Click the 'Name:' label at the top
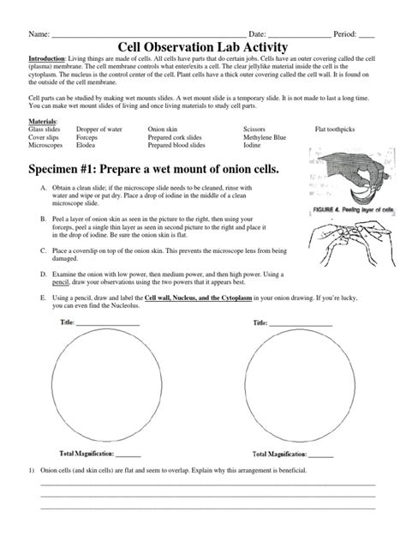[39, 33]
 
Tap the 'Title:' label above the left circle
[68, 323]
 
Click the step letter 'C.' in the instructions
[43, 250]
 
